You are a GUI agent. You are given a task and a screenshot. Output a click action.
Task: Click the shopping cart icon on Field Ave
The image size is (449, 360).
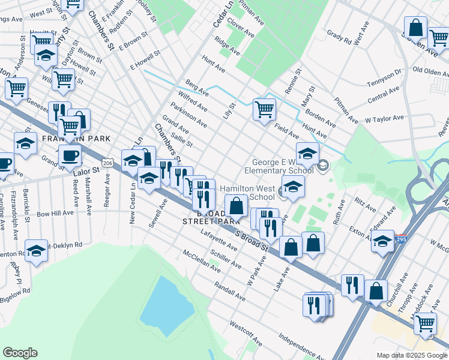pos(264,110)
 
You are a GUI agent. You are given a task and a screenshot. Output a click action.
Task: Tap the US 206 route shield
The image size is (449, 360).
pos(107,163)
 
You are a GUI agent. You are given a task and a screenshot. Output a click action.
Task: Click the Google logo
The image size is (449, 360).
pos(20,353)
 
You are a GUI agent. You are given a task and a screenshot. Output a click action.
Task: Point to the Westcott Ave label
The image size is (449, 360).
pos(245,333)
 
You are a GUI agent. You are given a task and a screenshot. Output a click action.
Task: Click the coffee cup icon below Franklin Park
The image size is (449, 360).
pos(70,156)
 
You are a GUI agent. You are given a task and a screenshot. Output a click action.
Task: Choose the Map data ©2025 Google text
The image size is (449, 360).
pos(411,355)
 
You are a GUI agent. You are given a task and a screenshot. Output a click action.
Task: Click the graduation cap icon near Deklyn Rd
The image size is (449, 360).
pos(36,251)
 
